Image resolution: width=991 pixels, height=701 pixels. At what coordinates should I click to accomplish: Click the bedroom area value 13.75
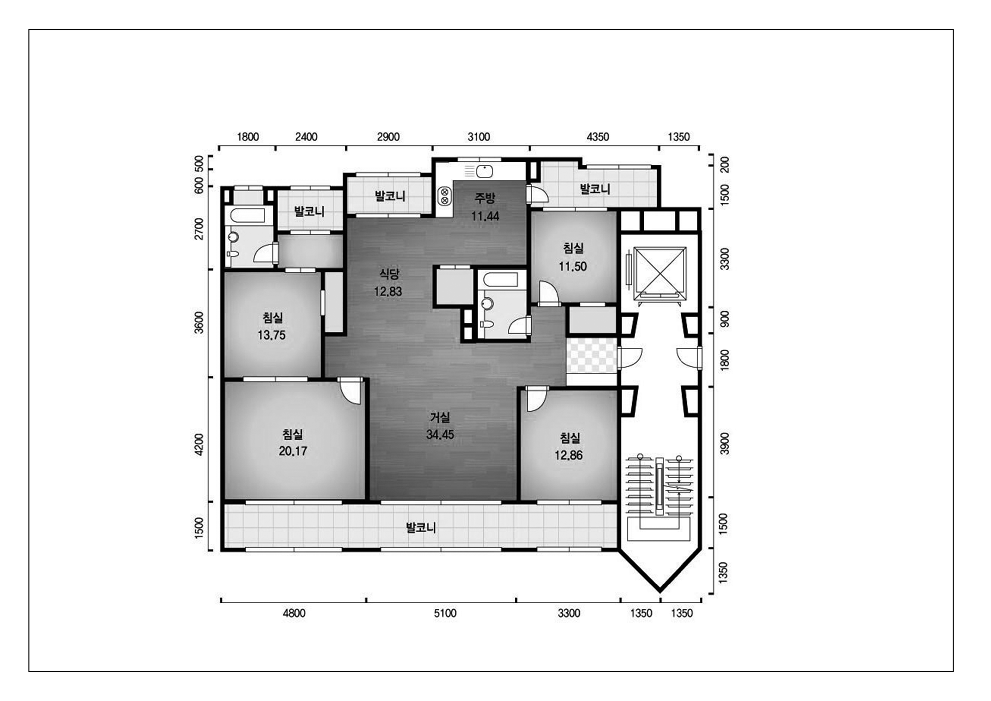(272, 335)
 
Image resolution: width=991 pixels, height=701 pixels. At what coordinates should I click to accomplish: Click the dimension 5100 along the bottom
(445, 613)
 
